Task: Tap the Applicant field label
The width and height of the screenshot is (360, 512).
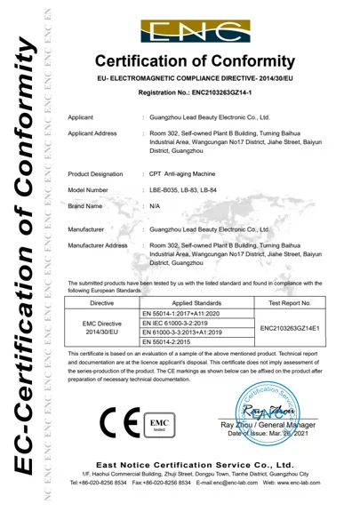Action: (x=81, y=116)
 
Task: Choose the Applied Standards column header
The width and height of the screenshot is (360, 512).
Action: (x=190, y=303)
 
